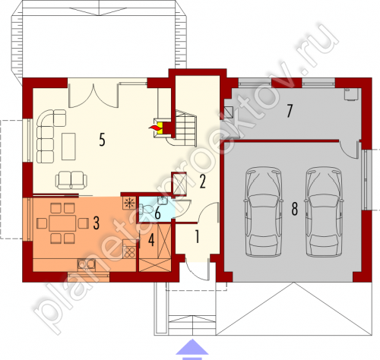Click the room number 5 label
click(x=102, y=140)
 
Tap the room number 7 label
click(x=290, y=111)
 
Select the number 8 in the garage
click(x=294, y=210)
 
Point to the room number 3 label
click(x=96, y=223)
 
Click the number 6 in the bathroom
click(x=157, y=213)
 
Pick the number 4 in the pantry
click(x=151, y=240)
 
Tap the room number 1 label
click(x=197, y=237)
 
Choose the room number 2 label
click(x=202, y=182)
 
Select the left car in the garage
click(x=263, y=212)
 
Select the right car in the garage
click(x=325, y=212)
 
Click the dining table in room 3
click(x=62, y=223)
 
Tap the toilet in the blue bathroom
click(x=147, y=209)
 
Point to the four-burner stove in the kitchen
click(x=129, y=252)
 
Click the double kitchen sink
click(x=87, y=264)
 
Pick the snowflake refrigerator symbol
click(x=129, y=203)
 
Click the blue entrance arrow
click(x=192, y=349)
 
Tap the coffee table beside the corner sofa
click(x=68, y=147)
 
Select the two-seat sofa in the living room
click(x=71, y=180)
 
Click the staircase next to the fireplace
click(x=185, y=128)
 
